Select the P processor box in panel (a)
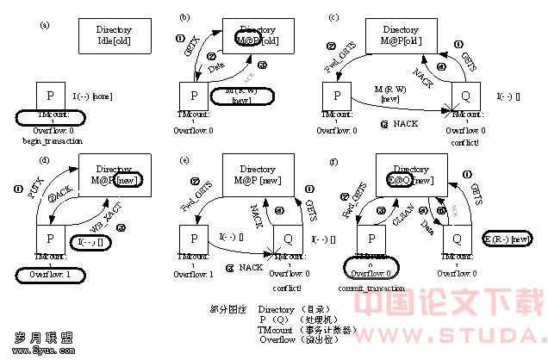click(x=51, y=94)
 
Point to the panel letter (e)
click(x=184, y=160)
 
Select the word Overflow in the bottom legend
click(x=277, y=339)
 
